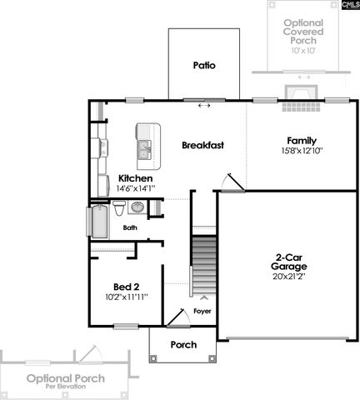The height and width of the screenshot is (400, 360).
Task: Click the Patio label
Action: click(204, 64)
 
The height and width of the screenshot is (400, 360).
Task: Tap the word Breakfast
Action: click(203, 145)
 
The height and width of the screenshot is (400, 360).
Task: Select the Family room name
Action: click(301, 140)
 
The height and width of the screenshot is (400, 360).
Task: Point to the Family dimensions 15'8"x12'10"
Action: click(301, 151)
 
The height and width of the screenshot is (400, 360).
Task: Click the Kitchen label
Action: click(135, 178)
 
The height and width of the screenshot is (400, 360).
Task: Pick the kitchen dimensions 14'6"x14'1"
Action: click(136, 189)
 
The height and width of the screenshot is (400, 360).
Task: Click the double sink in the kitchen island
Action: click(144, 150)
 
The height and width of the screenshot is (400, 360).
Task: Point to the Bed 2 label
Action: click(126, 286)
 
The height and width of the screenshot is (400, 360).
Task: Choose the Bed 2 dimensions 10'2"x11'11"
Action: click(127, 297)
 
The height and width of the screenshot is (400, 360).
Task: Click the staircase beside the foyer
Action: click(203, 265)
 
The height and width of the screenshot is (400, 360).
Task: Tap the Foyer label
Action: click(202, 311)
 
